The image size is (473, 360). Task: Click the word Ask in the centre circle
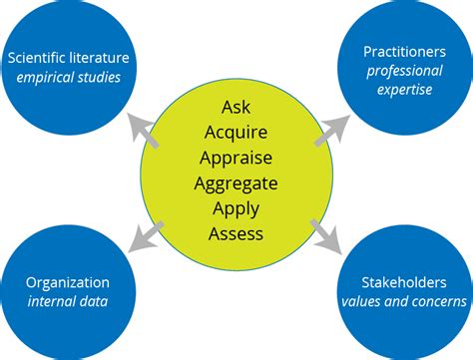point(236,105)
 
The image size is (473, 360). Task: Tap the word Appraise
point(236,157)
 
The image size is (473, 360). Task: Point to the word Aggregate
point(236,182)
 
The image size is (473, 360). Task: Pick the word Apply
point(236,208)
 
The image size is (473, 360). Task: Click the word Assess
point(236,234)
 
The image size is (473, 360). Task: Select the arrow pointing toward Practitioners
point(332,127)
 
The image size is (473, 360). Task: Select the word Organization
point(68,282)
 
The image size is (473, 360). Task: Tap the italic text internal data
point(68,302)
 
